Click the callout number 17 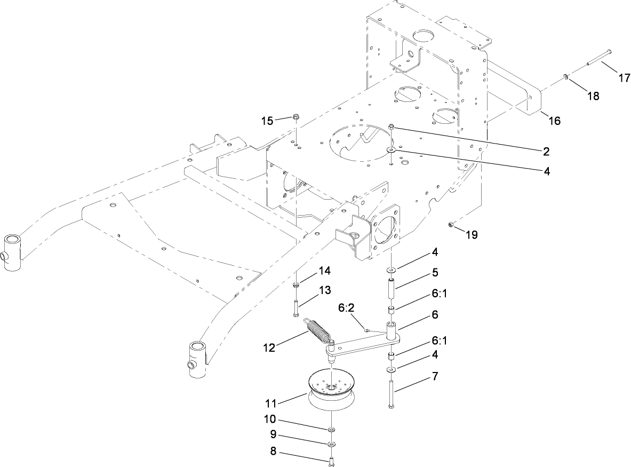click(x=624, y=77)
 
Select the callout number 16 click(x=555, y=121)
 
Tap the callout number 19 click(x=472, y=234)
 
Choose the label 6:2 click(x=347, y=308)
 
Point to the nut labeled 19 click(x=451, y=225)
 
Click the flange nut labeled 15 click(x=295, y=117)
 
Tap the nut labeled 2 click(x=392, y=126)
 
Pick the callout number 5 click(x=435, y=273)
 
